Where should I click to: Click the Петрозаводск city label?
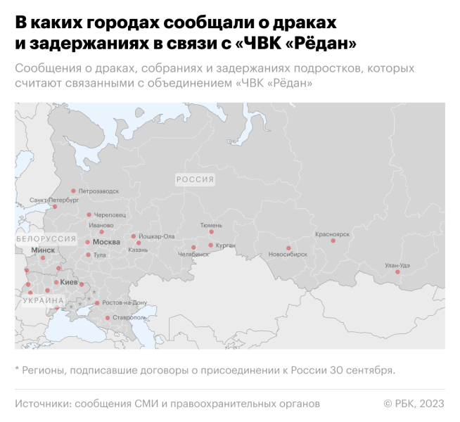click(98, 191)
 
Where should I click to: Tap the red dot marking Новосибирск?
click(288, 248)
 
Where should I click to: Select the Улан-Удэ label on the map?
click(397, 265)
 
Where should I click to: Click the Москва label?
click(106, 242)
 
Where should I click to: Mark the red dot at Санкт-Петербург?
click(55, 207)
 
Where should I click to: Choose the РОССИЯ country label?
click(195, 179)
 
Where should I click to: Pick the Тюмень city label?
click(211, 224)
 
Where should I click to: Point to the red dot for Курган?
click(210, 245)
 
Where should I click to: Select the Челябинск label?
click(193, 255)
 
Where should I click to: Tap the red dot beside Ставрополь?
click(107, 318)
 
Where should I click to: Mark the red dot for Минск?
click(43, 257)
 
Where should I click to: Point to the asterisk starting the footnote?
click(17, 369)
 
